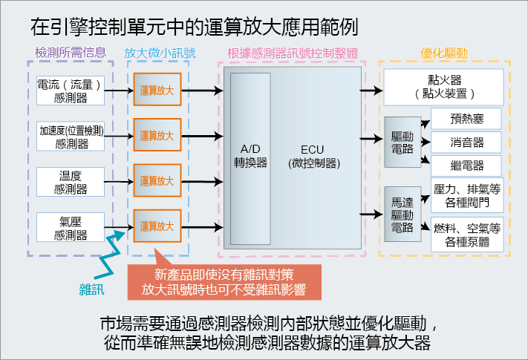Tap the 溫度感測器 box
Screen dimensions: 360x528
coord(71,181)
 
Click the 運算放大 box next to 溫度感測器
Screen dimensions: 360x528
coord(157,181)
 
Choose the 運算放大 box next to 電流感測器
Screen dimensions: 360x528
coord(157,91)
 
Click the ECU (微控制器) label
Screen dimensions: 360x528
coord(313,156)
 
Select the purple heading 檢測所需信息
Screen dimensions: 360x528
coord(71,53)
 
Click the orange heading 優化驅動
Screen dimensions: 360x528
coord(444,53)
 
